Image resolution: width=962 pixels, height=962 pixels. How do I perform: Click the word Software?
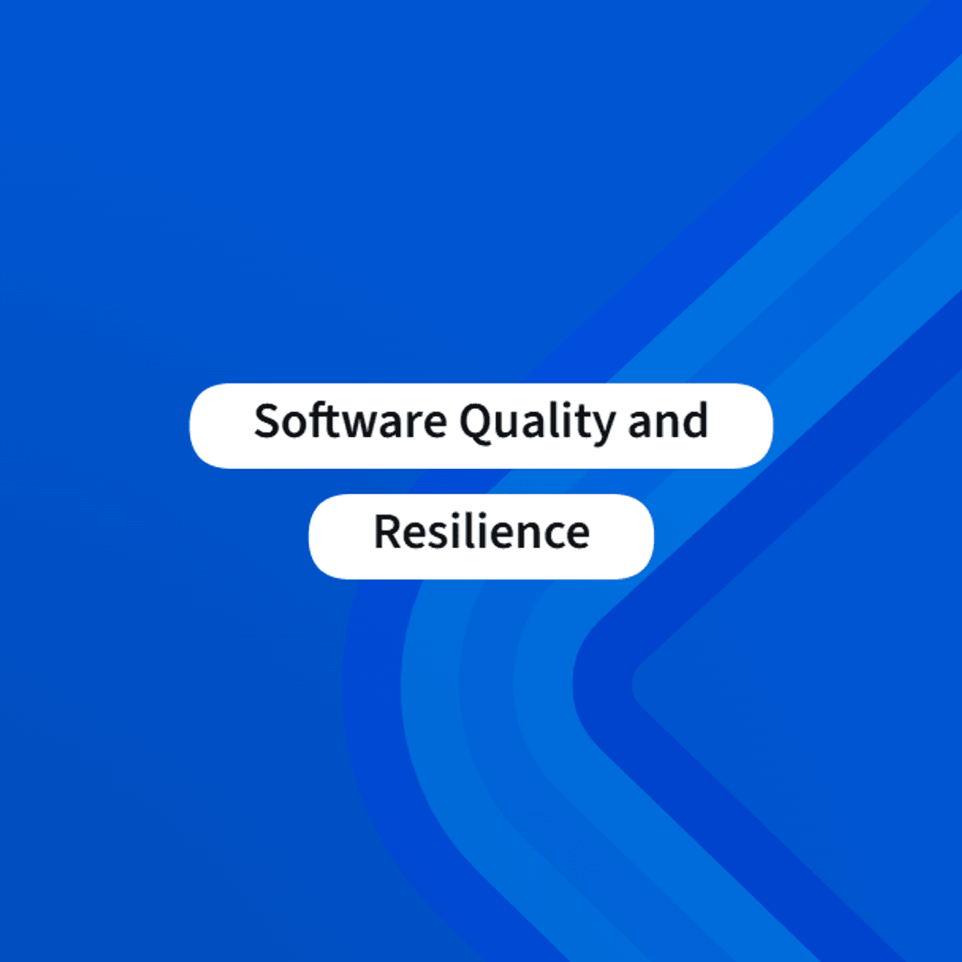[350, 421]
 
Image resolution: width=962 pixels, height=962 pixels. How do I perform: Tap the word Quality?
[537, 422]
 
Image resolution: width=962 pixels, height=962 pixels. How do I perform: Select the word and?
[668, 421]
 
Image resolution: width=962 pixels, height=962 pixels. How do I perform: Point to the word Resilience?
[482, 532]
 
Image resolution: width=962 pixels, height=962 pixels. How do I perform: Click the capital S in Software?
[267, 421]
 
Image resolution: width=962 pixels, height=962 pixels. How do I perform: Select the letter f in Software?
[318, 420]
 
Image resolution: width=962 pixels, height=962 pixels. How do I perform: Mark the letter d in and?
[695, 421]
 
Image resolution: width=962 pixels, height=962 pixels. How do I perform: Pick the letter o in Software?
[296, 426]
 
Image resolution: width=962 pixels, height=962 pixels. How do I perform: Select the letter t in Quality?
[581, 423]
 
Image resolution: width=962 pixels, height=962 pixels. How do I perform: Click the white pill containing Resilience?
[481, 536]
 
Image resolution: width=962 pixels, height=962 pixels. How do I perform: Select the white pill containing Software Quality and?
[481, 426]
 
